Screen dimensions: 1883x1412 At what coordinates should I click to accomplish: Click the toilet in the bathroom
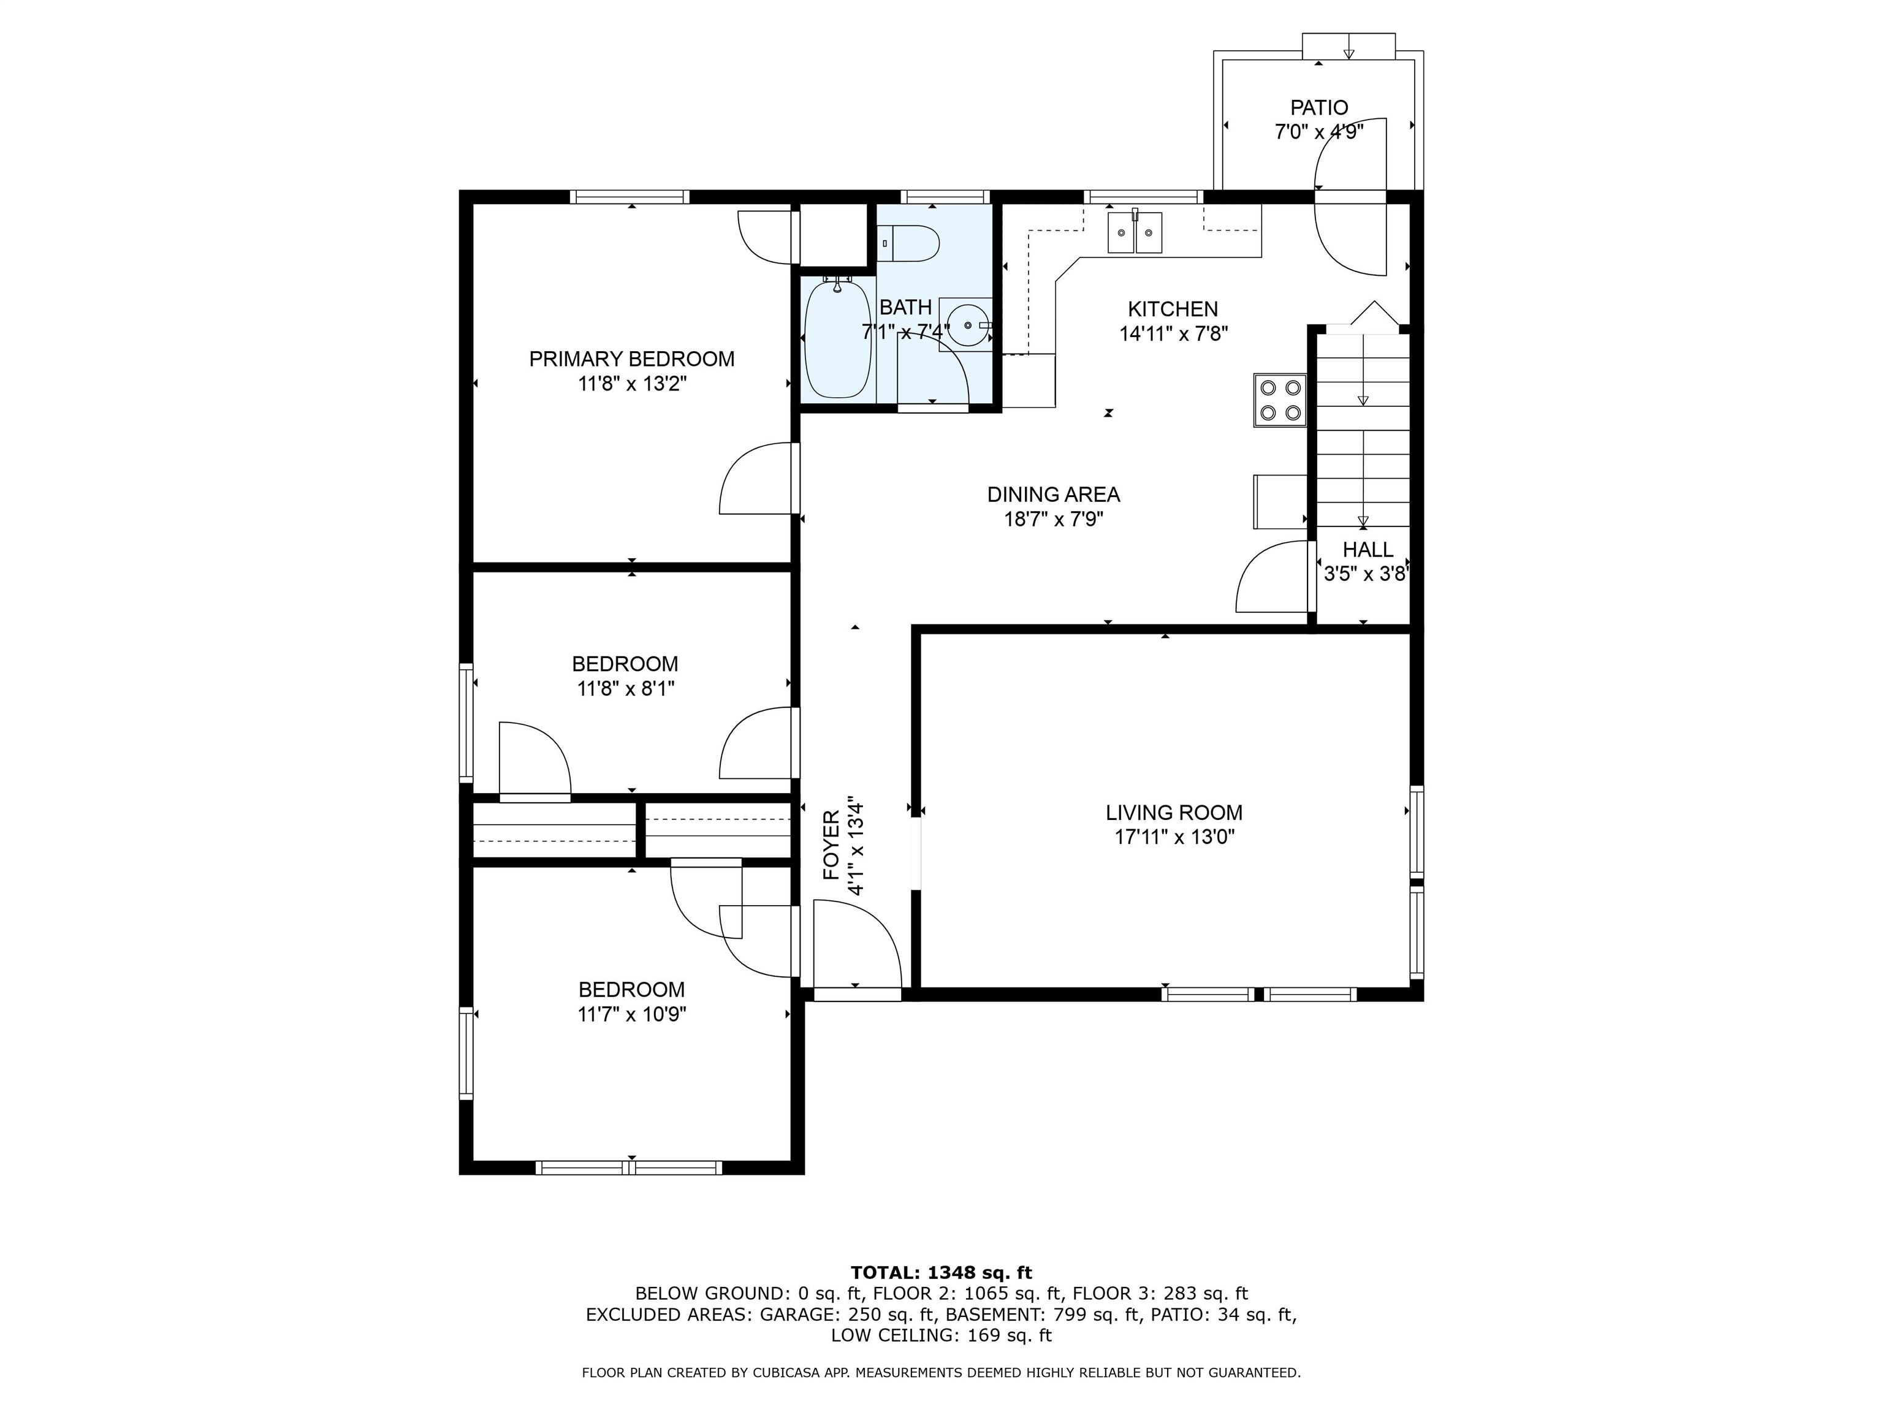908,243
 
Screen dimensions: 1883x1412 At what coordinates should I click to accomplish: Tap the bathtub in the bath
839,338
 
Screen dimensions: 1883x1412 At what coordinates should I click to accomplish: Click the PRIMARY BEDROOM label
631,359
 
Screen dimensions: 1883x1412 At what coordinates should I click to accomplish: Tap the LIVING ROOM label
1174,813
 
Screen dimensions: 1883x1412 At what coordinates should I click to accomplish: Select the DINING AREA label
1054,495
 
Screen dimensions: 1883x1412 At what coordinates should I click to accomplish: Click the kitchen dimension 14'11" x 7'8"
1173,333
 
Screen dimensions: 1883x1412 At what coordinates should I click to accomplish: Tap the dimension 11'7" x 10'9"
631,1014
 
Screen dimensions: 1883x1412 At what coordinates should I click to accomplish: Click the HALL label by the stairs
1368,550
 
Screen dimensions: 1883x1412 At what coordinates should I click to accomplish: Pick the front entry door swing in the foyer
858,945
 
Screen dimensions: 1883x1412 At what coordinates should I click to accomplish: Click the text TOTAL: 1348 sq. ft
941,1272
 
